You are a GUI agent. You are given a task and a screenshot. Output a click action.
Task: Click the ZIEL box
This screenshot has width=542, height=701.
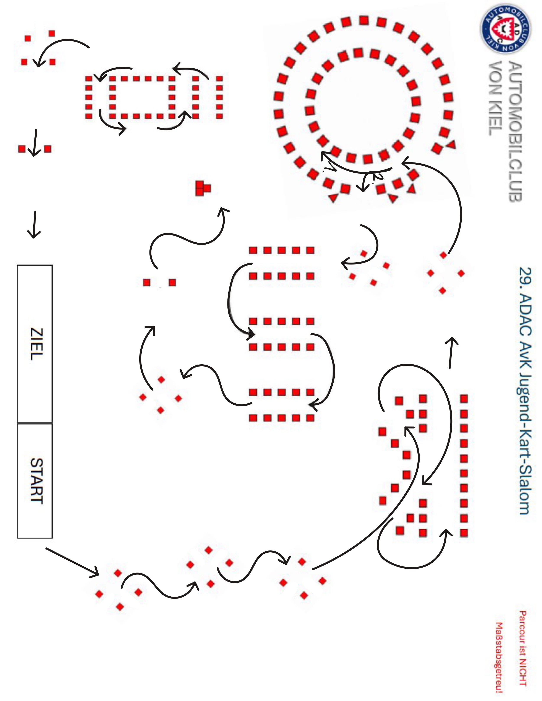click(35, 343)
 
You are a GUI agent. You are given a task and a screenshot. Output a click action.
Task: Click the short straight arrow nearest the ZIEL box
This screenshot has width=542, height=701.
click(34, 225)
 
